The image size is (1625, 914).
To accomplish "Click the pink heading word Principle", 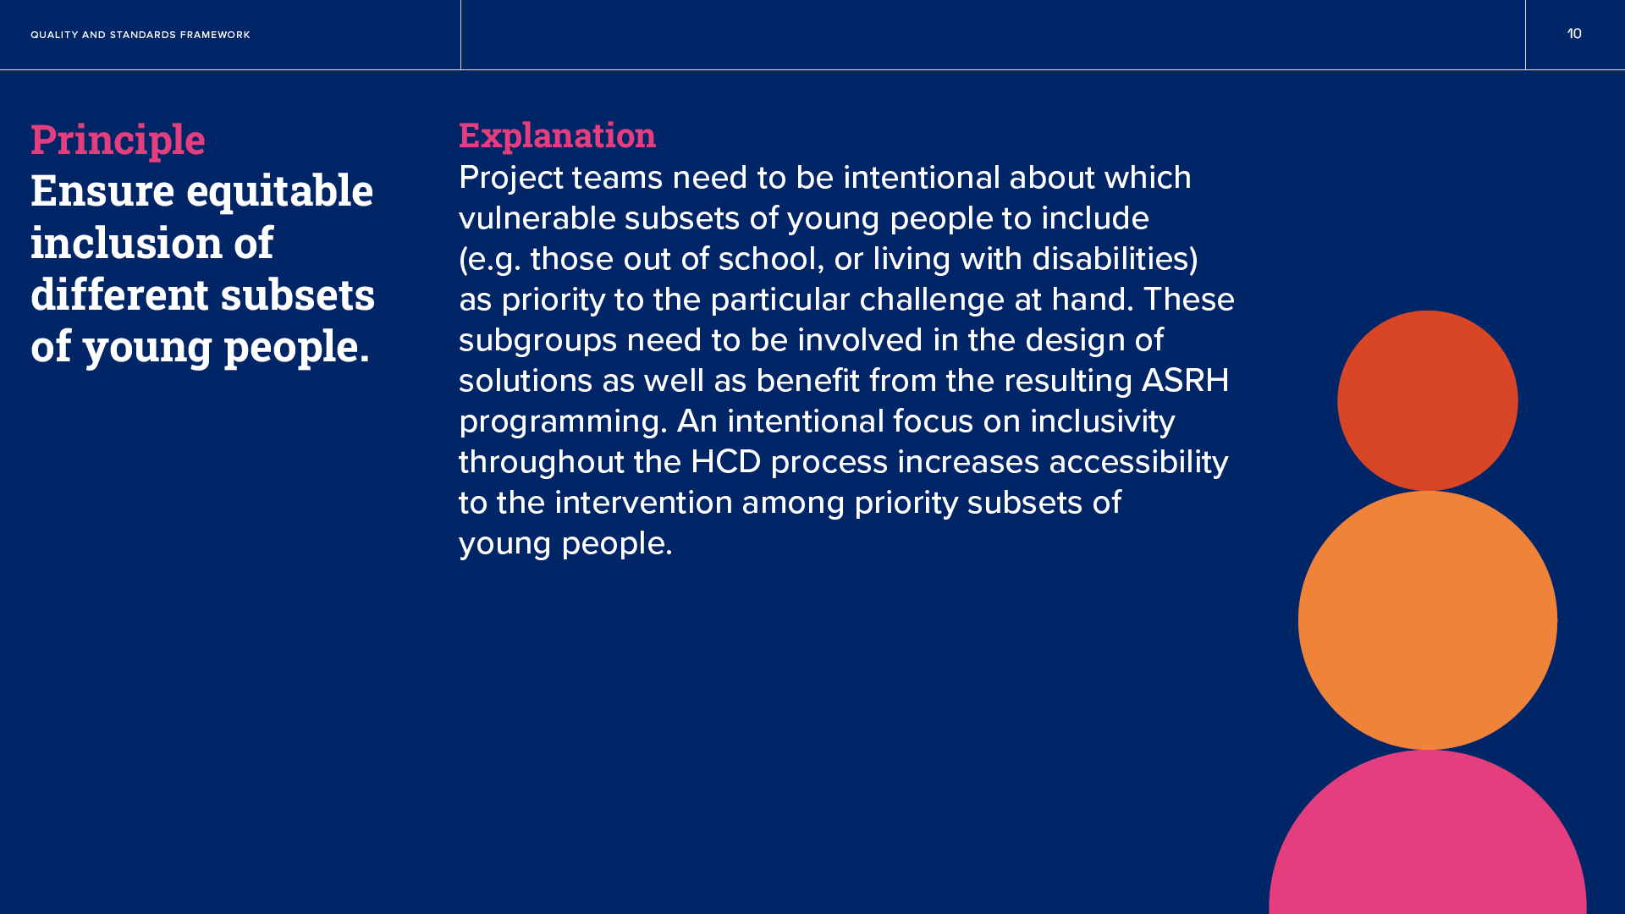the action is tap(118, 140).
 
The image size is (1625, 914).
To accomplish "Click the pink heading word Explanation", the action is tap(557, 135).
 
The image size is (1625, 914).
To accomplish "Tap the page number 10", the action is tap(1574, 34).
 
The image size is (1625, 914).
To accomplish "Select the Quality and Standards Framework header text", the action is tap(140, 35).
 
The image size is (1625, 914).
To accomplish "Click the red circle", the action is tap(1428, 400).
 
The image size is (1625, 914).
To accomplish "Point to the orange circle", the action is tap(1428, 620).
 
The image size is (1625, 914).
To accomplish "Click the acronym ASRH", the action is tap(1185, 381).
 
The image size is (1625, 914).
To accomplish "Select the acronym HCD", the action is tap(726, 462).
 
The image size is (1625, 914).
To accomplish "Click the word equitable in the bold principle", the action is tap(279, 191).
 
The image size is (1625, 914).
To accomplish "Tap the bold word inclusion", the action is tap(127, 242).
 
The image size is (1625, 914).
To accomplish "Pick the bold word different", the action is tap(119, 294).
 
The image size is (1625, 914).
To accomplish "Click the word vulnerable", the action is tap(537, 218).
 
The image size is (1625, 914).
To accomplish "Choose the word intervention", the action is tap(644, 503).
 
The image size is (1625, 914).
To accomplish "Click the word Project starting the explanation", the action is tap(511, 179).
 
